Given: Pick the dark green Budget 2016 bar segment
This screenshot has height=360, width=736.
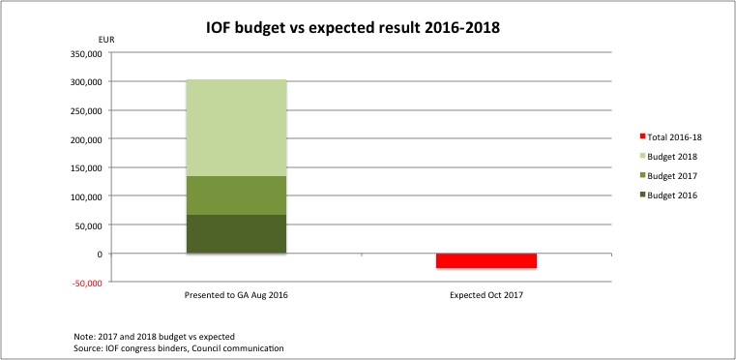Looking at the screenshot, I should pyautogui.click(x=236, y=234).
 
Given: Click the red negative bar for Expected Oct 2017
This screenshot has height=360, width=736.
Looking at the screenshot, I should pyautogui.click(x=472, y=260).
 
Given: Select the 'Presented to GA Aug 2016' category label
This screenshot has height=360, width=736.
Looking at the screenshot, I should pyautogui.click(x=236, y=293).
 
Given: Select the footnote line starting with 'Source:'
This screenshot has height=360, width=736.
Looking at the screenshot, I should pyautogui.click(x=178, y=346).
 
